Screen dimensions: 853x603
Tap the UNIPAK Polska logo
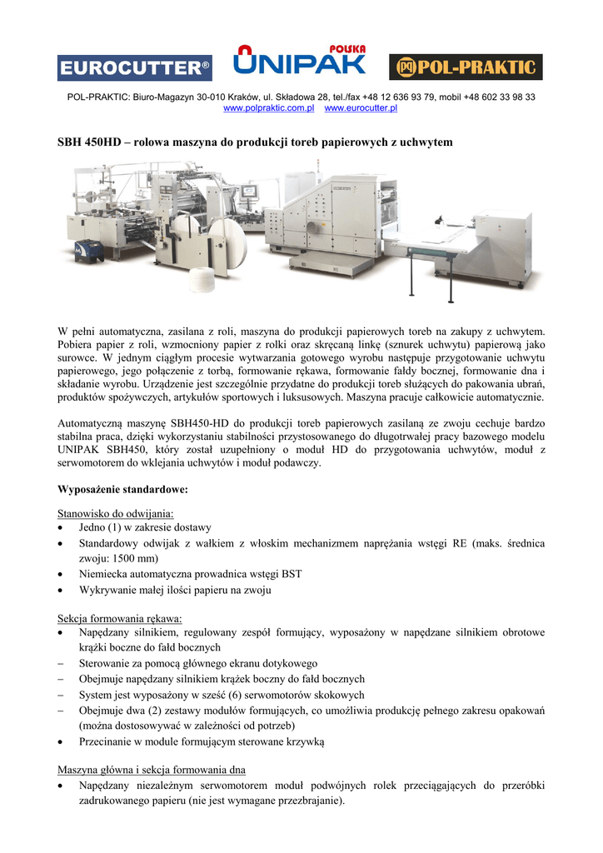300,58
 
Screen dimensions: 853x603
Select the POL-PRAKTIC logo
466,67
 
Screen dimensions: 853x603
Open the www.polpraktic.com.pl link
268,108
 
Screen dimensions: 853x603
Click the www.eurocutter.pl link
361,108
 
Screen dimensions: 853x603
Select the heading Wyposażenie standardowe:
122,488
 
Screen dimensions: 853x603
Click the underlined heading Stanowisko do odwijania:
116,513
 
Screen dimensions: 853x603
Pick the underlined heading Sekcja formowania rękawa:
120,618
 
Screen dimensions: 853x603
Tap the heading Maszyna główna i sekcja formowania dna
151,769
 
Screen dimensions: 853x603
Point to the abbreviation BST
291,574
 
